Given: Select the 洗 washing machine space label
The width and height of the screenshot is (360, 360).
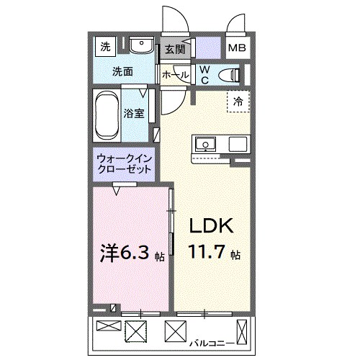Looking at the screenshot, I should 105,48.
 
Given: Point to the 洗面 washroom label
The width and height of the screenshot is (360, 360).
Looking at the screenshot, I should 122,72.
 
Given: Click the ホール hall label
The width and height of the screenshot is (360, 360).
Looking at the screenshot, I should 176,75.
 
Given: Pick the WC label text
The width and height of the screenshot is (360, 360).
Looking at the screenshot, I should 204,74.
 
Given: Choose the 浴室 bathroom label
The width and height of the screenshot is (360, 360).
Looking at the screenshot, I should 134,113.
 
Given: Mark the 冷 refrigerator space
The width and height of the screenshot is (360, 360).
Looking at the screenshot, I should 238,102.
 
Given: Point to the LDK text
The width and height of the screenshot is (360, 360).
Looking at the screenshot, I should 211,227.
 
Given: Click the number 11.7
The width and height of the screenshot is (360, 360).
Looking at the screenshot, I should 207,253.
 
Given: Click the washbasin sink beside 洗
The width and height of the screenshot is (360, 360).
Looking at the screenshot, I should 142,47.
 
